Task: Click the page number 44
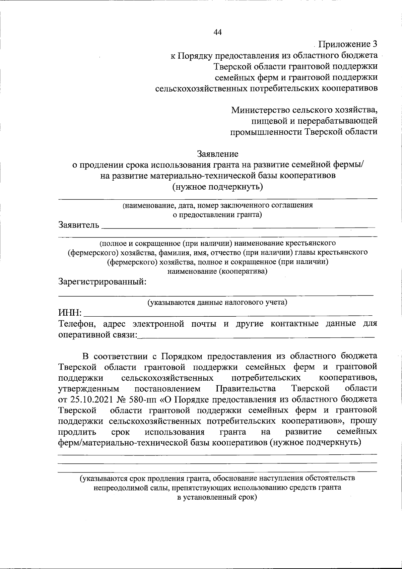click(x=217, y=32)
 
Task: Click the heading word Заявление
click(x=217, y=154)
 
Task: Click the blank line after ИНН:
click(x=228, y=314)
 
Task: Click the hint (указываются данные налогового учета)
click(x=217, y=303)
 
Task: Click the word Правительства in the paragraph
click(x=246, y=389)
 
